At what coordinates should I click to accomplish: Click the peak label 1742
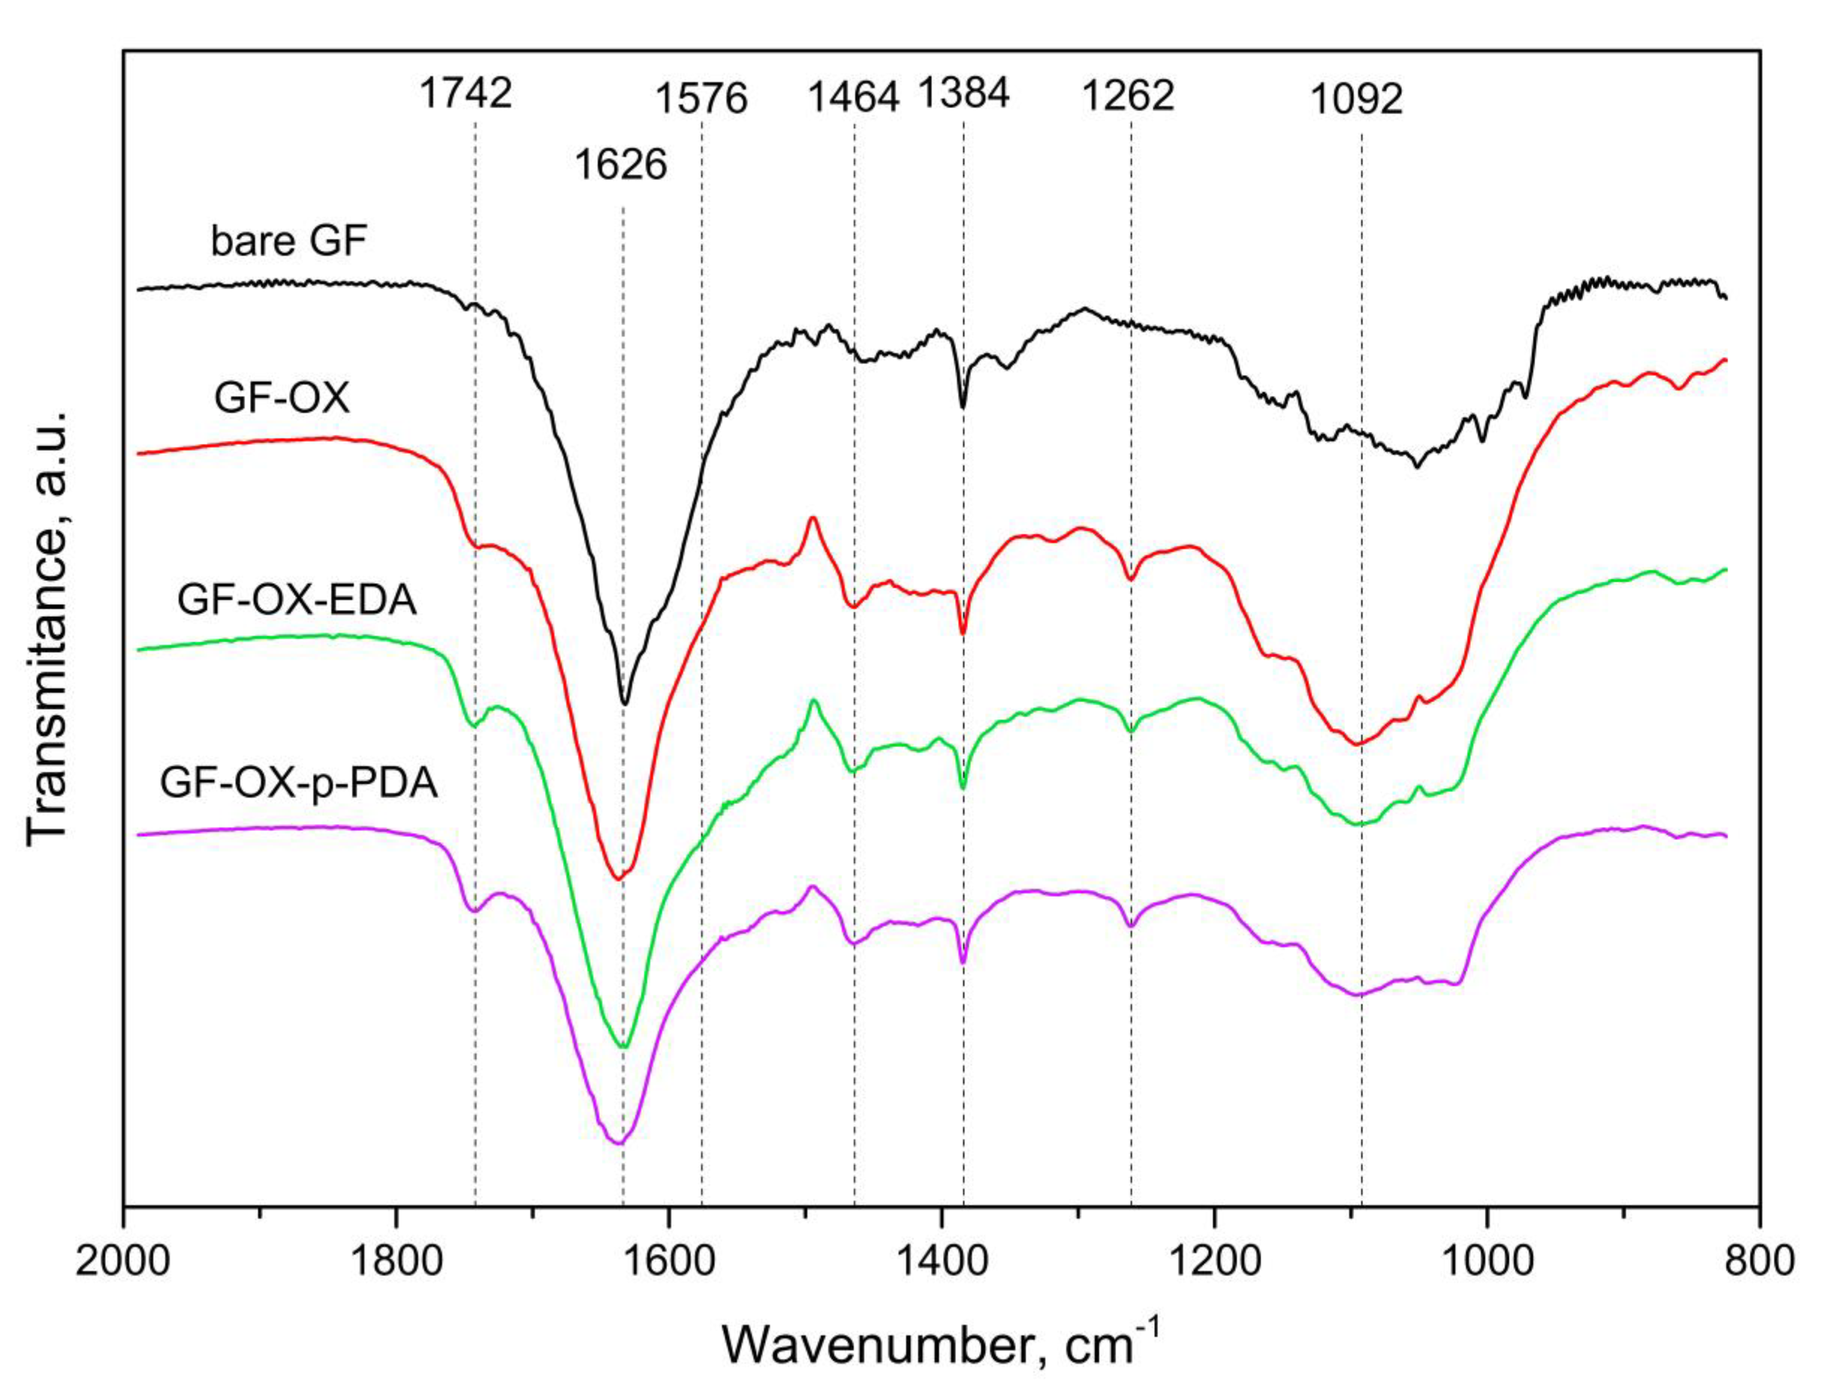click(465, 94)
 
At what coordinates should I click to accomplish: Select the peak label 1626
click(621, 165)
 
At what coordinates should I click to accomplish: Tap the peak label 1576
click(702, 98)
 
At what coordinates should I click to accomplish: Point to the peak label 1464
click(854, 98)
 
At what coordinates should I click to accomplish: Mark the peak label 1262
click(1128, 96)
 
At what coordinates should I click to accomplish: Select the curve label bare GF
click(288, 242)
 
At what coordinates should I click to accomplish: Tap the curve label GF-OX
click(282, 399)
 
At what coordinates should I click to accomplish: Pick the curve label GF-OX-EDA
click(297, 599)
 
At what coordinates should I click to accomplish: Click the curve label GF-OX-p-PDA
click(298, 784)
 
